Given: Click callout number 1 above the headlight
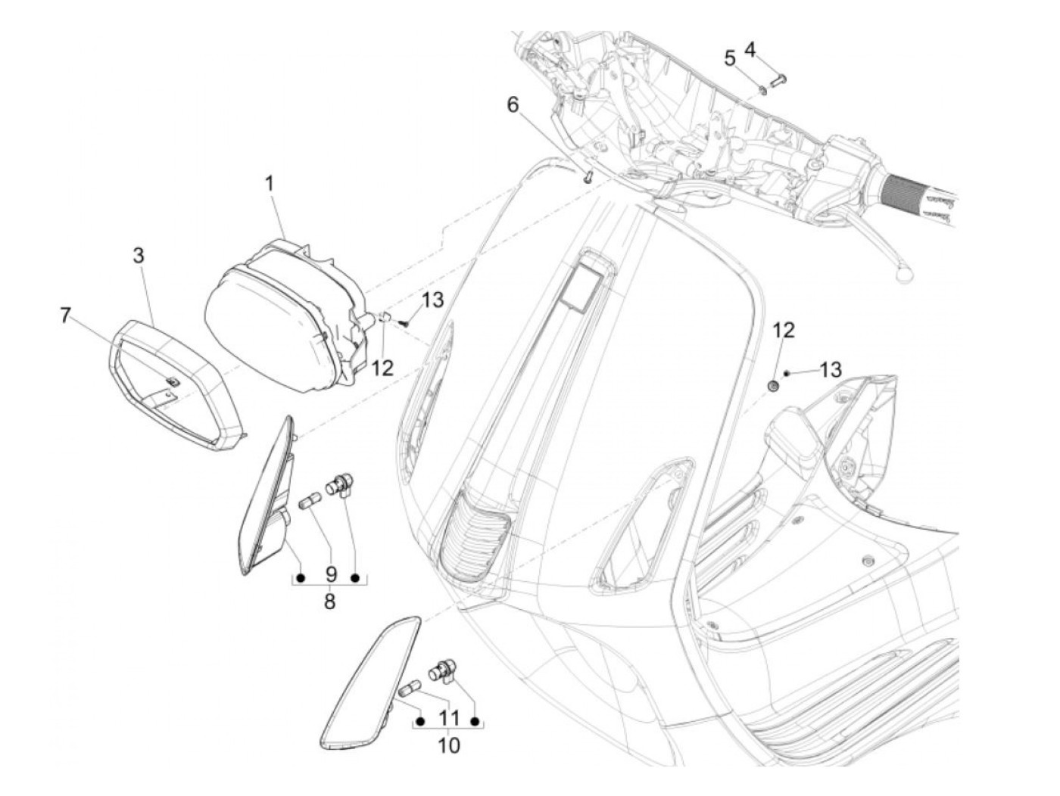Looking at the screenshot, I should (269, 183).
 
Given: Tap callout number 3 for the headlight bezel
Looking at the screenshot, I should (139, 256).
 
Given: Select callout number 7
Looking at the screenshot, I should (66, 315).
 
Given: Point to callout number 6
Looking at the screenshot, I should (513, 105).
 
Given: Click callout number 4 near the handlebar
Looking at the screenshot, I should (750, 50).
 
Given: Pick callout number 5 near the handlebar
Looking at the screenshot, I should (730, 58).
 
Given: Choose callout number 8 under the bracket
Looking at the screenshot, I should (329, 602).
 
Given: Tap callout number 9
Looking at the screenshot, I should (330, 575).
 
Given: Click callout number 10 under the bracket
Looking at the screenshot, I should (448, 745).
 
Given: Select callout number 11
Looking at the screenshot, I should (449, 717).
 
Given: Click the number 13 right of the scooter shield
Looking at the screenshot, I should (830, 370).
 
